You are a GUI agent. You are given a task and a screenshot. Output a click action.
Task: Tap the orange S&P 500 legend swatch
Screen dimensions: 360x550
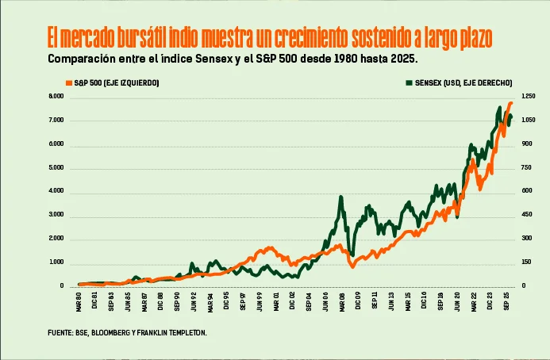point(69,82)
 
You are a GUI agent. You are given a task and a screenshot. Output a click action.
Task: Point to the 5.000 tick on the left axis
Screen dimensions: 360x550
point(56,168)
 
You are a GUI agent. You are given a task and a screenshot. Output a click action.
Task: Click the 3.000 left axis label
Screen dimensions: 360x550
point(56,215)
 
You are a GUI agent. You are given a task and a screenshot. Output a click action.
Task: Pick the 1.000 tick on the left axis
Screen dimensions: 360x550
point(56,262)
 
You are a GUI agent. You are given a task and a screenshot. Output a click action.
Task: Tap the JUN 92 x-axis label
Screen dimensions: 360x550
point(194,302)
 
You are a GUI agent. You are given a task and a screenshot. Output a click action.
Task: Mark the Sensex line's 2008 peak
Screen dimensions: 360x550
point(340,197)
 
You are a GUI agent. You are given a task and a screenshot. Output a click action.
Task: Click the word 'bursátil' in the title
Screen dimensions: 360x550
point(143,37)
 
